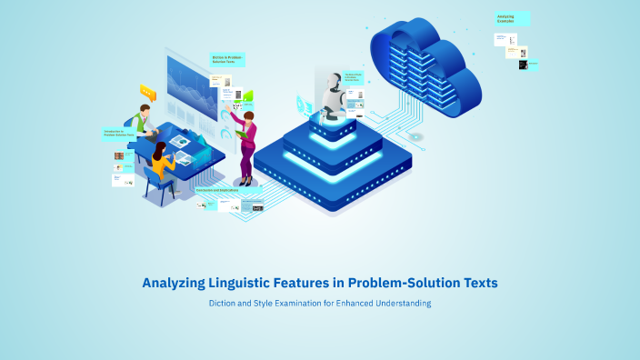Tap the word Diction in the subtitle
click(224, 303)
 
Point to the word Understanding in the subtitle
click(397, 303)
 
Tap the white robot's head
click(330, 85)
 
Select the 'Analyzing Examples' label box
click(512, 18)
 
